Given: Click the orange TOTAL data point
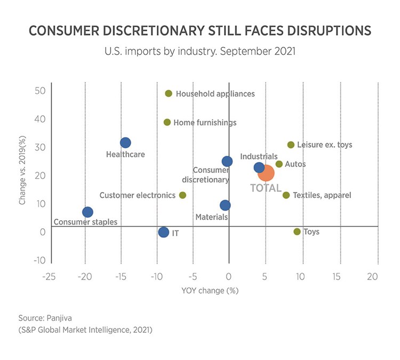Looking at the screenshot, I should tap(266, 173).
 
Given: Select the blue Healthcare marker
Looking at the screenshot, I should tap(125, 142).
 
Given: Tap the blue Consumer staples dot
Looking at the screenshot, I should tap(87, 212).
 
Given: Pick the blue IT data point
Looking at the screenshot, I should tap(164, 232).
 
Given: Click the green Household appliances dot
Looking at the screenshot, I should tap(169, 93).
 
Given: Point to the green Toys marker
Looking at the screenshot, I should tap(297, 231).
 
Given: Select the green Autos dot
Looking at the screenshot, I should tap(279, 164).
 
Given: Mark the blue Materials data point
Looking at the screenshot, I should tap(225, 205).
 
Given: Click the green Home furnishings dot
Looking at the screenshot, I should tap(167, 122).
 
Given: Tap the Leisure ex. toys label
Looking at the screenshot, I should tap(324, 145).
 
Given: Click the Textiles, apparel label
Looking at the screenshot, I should tap(322, 195).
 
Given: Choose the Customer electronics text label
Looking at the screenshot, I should tap(137, 195).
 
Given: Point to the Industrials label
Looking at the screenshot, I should tap(259, 156).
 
